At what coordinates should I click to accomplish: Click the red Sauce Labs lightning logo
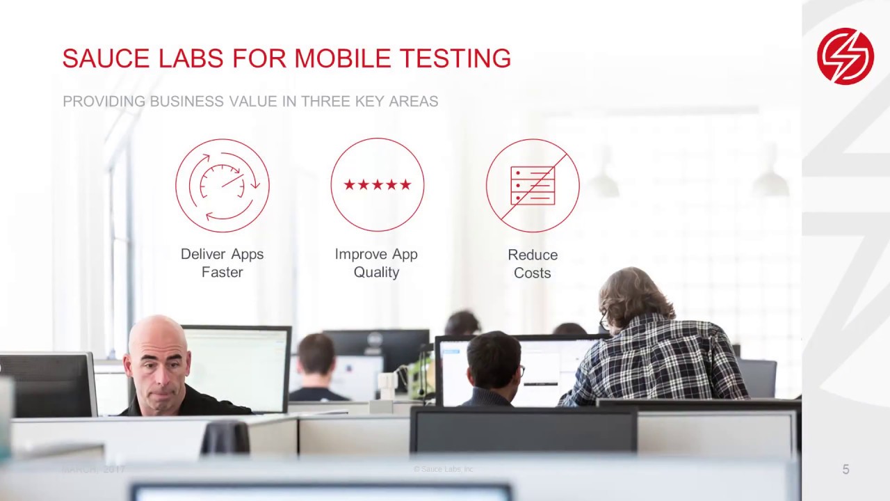coord(845,56)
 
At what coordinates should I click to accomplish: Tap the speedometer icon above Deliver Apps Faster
coord(222,185)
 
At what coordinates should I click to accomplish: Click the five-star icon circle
coord(377,184)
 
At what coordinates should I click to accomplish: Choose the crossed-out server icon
coord(533,185)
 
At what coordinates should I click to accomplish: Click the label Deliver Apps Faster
coord(222,263)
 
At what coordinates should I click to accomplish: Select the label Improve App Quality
coord(376,263)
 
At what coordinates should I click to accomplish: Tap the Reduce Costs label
coord(533,264)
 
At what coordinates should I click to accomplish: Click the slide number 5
coord(845,470)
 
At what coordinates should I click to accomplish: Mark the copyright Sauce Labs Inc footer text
coord(444,470)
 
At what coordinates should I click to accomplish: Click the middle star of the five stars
coord(377,184)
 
